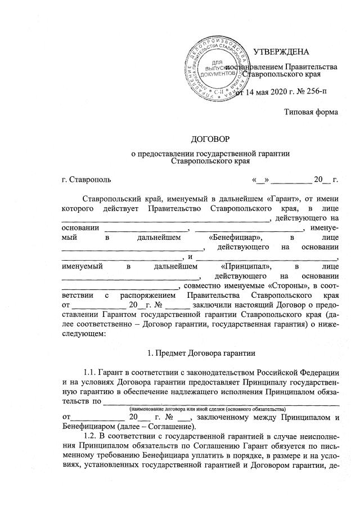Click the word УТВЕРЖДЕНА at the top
[281, 52]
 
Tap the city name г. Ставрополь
[86, 180]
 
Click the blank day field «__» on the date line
[260, 180]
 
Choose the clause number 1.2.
[90, 436]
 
